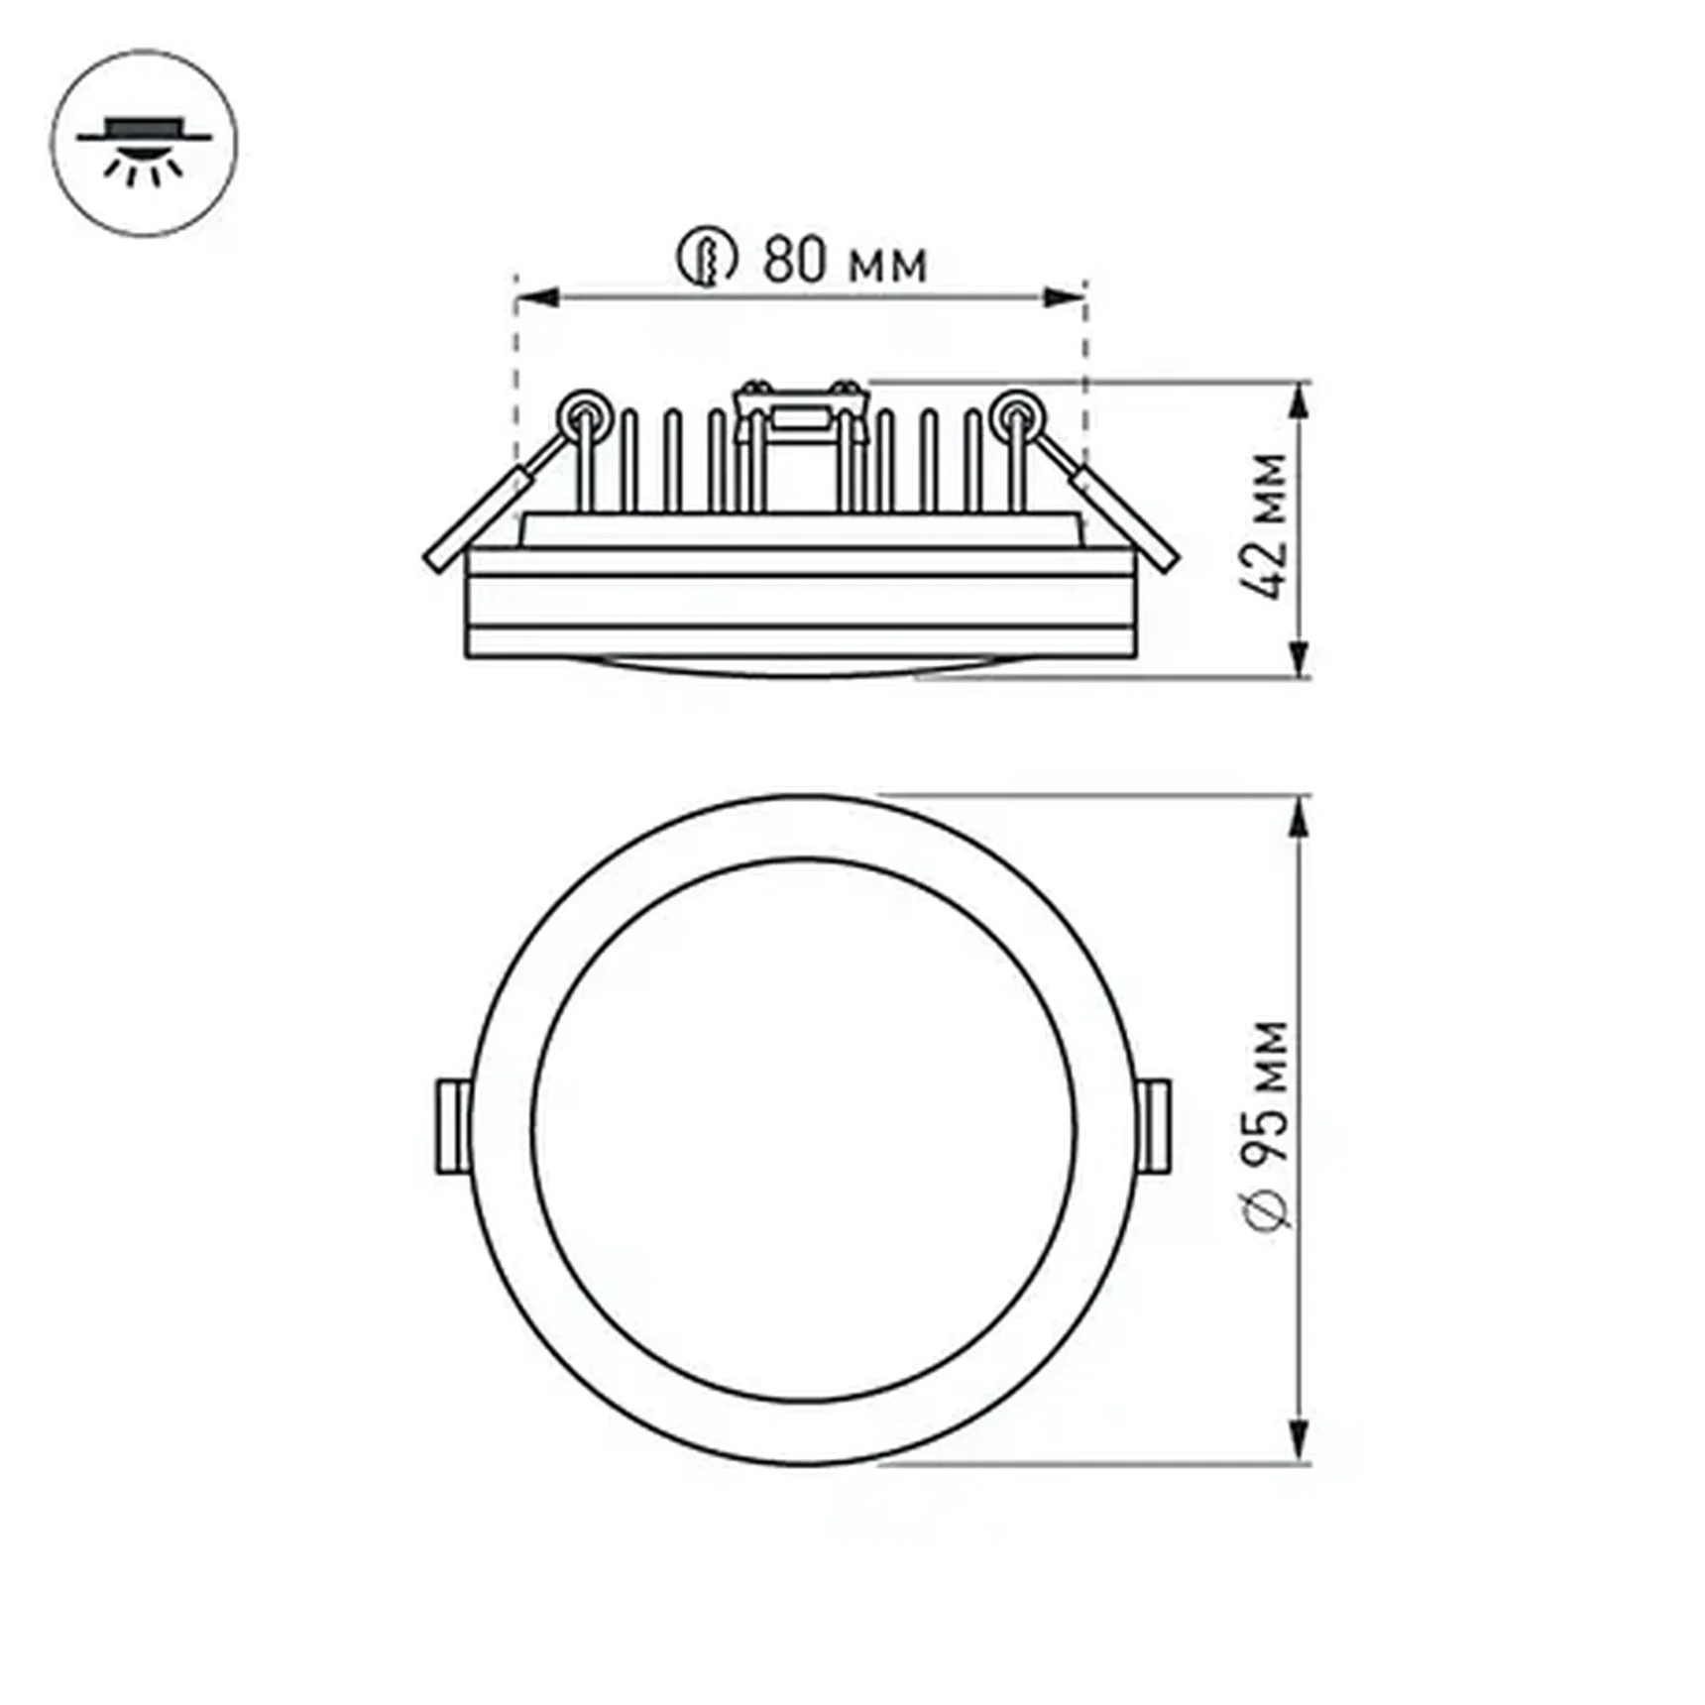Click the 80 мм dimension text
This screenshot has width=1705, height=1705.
tap(845, 261)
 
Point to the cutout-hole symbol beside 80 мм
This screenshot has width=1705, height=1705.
tap(707, 259)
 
